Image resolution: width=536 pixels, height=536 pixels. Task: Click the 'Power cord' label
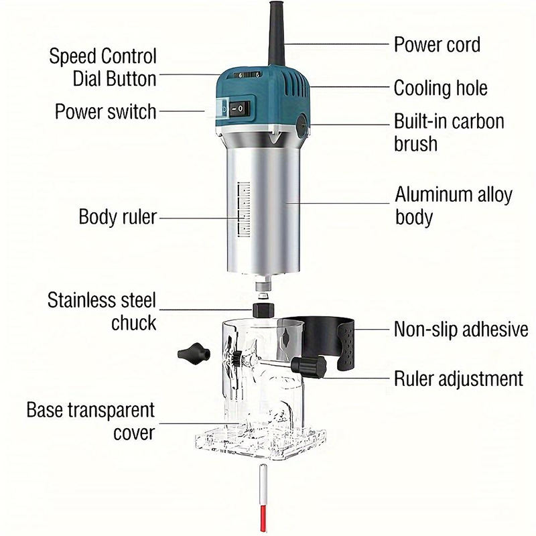tap(437, 44)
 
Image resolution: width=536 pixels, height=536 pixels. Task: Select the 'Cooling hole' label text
tap(440, 88)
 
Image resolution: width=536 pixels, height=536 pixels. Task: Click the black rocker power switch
tap(239, 109)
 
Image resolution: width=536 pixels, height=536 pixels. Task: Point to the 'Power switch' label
tap(106, 111)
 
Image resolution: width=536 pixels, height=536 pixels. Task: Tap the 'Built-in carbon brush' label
tap(449, 132)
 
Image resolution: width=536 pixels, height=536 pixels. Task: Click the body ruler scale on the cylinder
tap(243, 209)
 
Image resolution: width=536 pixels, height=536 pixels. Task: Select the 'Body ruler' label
tap(118, 216)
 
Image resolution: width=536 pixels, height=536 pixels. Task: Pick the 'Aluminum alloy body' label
tap(454, 206)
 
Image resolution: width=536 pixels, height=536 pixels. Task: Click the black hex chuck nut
tap(263, 310)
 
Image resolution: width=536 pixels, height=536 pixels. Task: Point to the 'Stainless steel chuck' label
tap(102, 311)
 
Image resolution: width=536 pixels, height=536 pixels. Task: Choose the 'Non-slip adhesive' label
tap(461, 329)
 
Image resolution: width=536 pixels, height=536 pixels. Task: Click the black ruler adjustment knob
tap(309, 366)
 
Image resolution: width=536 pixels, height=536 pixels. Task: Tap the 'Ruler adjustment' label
tap(458, 379)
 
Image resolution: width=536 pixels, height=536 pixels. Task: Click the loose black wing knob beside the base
tap(193, 354)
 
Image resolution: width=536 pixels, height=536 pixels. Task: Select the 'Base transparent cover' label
tap(91, 421)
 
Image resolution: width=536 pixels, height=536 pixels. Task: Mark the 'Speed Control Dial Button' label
tap(103, 68)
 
